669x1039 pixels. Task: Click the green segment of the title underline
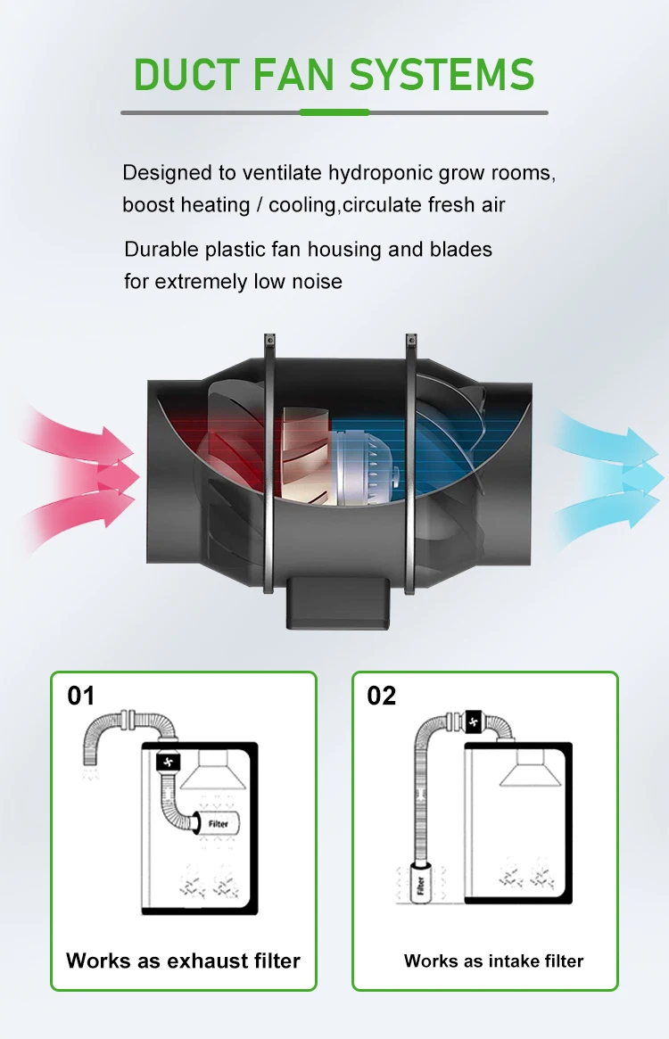pyautogui.click(x=334, y=112)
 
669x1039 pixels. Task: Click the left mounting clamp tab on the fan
pyautogui.click(x=268, y=343)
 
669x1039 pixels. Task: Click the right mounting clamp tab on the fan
pyautogui.click(x=410, y=343)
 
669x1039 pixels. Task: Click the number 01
pyautogui.click(x=81, y=696)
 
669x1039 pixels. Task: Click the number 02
pyautogui.click(x=382, y=696)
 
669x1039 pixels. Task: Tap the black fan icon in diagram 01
pyautogui.click(x=169, y=762)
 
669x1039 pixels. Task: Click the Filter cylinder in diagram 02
pyautogui.click(x=422, y=885)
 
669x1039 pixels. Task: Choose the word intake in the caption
pyautogui.click(x=512, y=961)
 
